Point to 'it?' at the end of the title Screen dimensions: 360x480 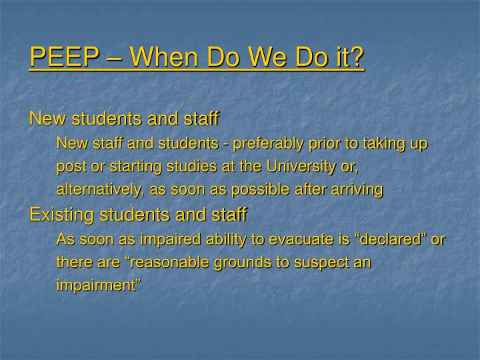coord(349,57)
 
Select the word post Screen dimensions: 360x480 coord(71,167)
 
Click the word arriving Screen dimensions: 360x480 coord(357,190)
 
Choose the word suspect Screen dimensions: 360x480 coord(323,263)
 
